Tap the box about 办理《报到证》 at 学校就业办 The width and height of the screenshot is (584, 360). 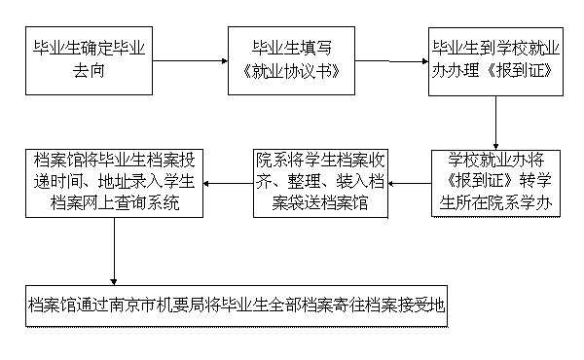coord(497,60)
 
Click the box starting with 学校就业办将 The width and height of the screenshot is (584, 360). coord(497,183)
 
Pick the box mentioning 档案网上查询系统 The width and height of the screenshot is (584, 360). coord(115,183)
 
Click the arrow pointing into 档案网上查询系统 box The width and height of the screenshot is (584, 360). coord(227,183)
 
